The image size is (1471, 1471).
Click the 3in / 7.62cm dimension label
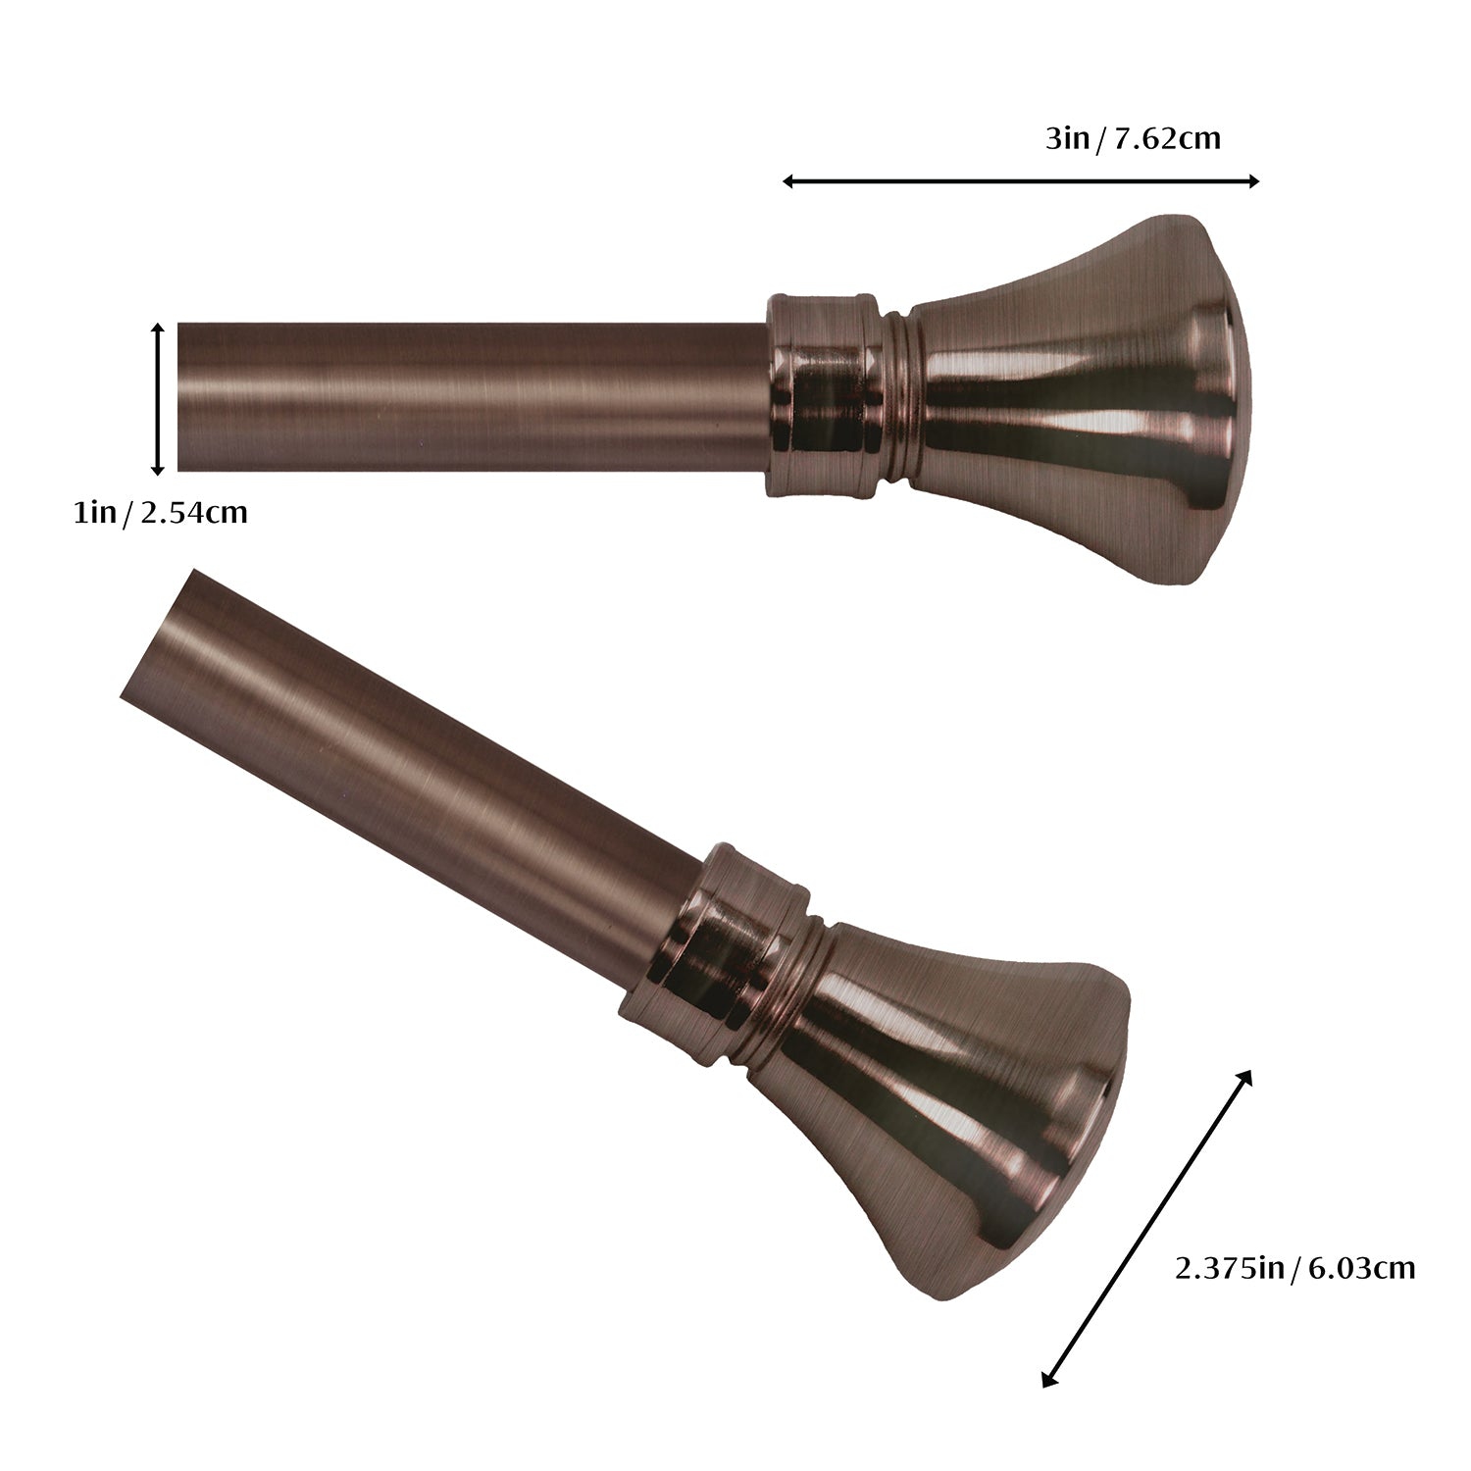click(1133, 138)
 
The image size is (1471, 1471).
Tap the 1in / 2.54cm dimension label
click(160, 512)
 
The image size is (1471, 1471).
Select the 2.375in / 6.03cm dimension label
click(1294, 1268)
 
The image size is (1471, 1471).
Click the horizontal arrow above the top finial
click(1021, 180)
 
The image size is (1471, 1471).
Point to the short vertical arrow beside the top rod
click(157, 399)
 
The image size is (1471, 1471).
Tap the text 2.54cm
click(194, 512)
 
